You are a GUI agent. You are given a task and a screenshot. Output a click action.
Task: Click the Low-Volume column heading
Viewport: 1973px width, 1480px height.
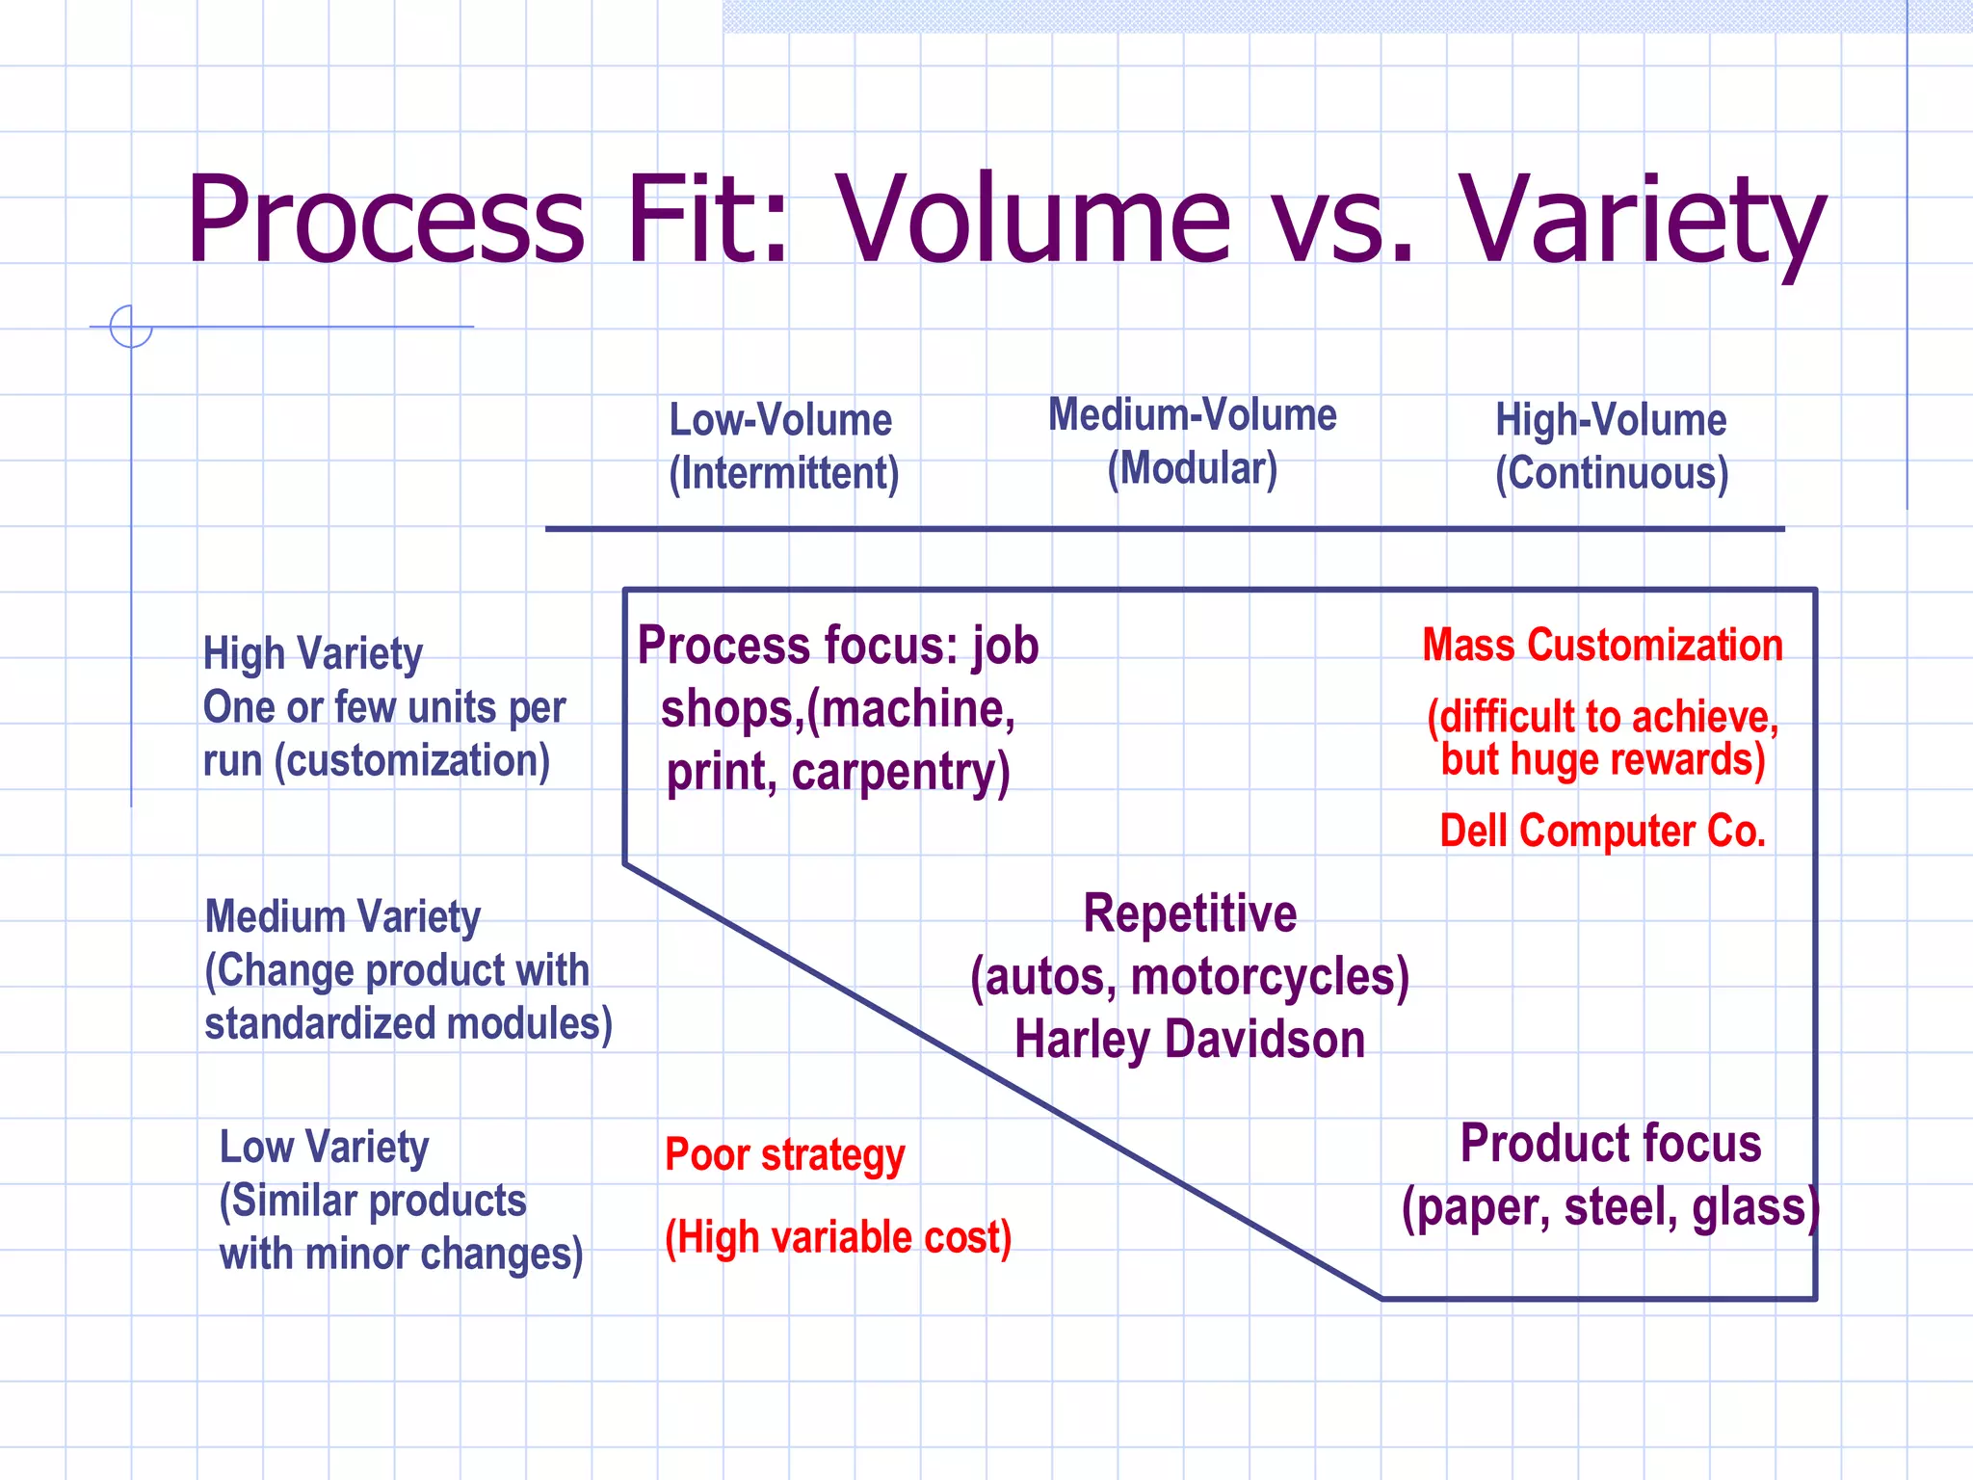pyautogui.click(x=780, y=420)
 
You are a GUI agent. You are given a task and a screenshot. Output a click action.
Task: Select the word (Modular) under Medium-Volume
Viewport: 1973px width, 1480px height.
pyautogui.click(x=1192, y=469)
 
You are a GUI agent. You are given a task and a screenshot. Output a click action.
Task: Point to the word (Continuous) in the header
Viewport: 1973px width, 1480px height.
pyautogui.click(x=1612, y=474)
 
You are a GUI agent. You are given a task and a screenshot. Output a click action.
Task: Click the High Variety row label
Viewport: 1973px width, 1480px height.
pyautogui.click(x=312, y=654)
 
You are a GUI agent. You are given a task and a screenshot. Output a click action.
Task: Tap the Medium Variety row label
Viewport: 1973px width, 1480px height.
pyautogui.click(x=342, y=916)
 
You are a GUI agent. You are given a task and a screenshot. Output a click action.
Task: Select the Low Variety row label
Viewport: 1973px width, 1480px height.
pyautogui.click(x=324, y=1148)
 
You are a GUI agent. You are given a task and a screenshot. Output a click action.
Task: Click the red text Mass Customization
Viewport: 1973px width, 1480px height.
pyautogui.click(x=1602, y=645)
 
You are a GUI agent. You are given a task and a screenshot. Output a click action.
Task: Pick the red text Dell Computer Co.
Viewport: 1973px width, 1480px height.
pyautogui.click(x=1602, y=831)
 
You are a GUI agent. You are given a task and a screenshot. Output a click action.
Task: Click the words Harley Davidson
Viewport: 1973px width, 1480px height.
pyautogui.click(x=1190, y=1041)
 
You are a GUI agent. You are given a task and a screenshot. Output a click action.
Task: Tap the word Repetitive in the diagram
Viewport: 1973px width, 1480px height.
pyautogui.click(x=1190, y=913)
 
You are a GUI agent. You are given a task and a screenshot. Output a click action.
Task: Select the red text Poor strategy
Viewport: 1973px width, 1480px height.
pyautogui.click(x=784, y=1155)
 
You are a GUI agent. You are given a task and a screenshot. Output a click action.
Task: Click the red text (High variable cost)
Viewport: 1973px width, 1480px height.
pyautogui.click(x=838, y=1237)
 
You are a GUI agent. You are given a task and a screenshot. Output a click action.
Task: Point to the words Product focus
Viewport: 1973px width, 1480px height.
pyautogui.click(x=1610, y=1144)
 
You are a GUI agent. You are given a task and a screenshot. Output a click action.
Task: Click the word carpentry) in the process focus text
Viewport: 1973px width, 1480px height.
pyautogui.click(x=901, y=773)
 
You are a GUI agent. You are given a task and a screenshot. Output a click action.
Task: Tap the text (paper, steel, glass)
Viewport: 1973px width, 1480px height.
pyautogui.click(x=1610, y=1207)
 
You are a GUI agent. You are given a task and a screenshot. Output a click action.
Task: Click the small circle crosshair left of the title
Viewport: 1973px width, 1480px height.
pyautogui.click(x=131, y=327)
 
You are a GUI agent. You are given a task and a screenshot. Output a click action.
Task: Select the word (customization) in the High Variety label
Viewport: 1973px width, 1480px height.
pyautogui.click(x=412, y=761)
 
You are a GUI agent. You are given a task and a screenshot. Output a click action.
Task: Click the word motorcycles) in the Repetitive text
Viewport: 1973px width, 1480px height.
pyautogui.click(x=1270, y=977)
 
